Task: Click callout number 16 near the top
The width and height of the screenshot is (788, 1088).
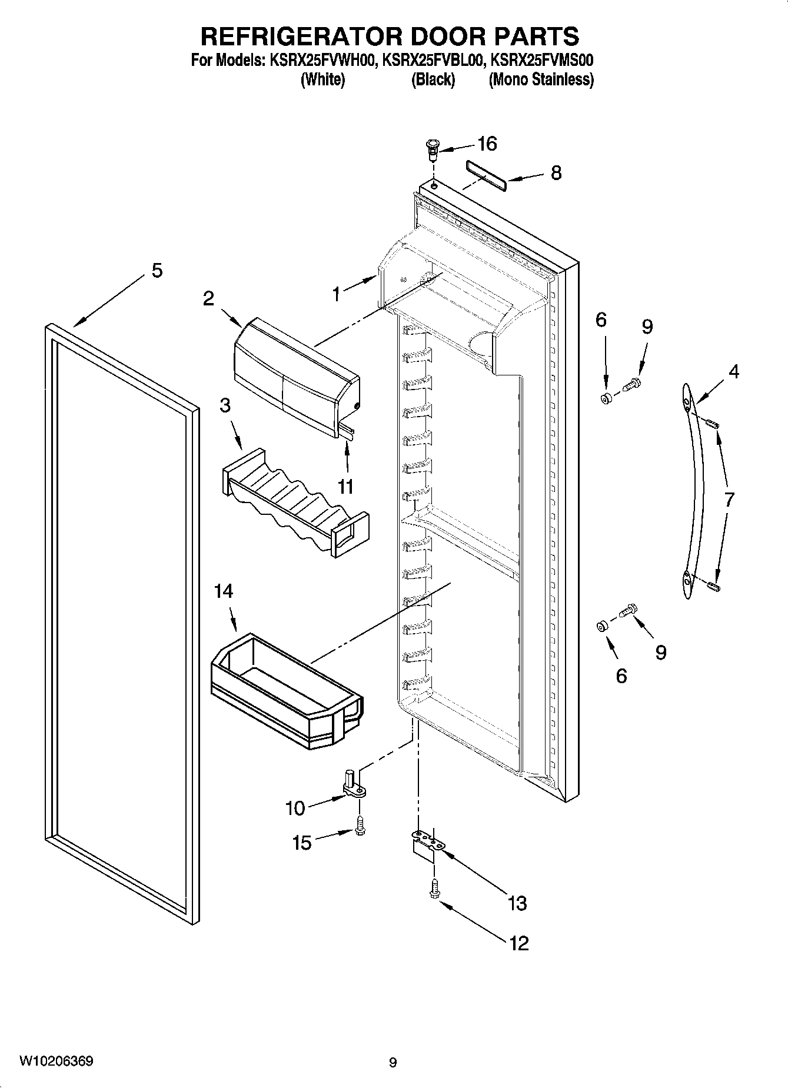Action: (487, 144)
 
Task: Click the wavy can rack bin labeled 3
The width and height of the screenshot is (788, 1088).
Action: (294, 506)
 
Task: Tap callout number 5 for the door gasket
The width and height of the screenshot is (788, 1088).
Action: (157, 271)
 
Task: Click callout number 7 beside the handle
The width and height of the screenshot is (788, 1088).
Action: (729, 500)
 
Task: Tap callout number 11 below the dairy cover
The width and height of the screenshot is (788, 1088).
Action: (345, 487)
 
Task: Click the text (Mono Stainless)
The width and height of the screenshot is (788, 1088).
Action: (541, 79)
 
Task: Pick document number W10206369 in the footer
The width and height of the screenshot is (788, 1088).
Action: (56, 1061)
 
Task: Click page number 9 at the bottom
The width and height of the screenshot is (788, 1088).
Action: (393, 1062)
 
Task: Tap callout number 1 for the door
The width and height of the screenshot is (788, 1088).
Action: (336, 294)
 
